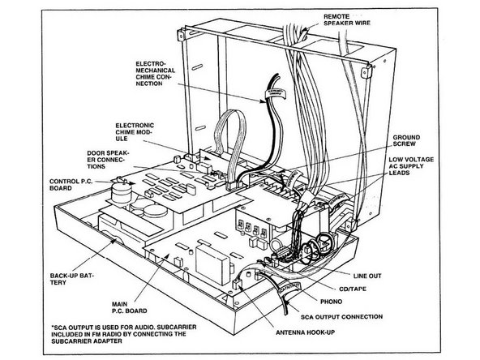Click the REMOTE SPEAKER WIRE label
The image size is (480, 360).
click(x=347, y=19)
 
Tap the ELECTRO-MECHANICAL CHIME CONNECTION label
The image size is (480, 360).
click(x=156, y=74)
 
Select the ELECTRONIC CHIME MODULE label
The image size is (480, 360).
click(x=135, y=132)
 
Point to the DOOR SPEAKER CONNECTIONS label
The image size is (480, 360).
click(x=109, y=160)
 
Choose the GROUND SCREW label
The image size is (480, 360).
click(x=406, y=140)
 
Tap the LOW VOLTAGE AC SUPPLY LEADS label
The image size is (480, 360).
click(x=411, y=166)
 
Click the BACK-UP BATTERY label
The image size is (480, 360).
click(x=72, y=279)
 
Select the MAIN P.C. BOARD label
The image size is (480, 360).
click(x=129, y=307)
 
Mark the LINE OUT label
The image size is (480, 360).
click(x=367, y=276)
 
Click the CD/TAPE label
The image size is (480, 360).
click(x=353, y=289)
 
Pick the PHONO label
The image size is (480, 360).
click(x=332, y=302)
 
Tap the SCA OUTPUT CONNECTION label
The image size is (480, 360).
click(x=341, y=316)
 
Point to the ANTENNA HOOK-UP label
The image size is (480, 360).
click(x=305, y=332)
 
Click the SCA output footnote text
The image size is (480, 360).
click(x=124, y=334)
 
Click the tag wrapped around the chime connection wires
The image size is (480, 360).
click(x=275, y=94)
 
